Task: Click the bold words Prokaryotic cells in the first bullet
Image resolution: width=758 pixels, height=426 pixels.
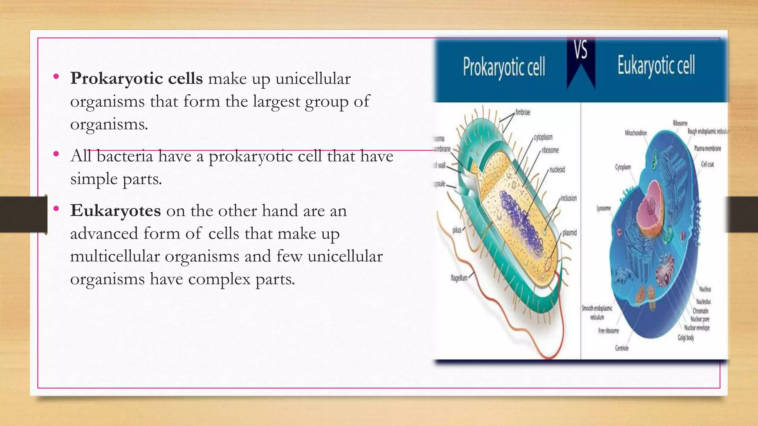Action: click(136, 79)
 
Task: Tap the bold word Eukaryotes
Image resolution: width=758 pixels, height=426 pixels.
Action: click(115, 211)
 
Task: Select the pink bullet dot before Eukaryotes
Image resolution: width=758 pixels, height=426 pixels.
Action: click(56, 209)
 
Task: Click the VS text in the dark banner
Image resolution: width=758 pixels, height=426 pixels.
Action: click(581, 50)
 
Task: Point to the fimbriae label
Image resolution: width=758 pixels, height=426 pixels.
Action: click(523, 112)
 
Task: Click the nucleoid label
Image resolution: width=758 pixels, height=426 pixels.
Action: click(557, 170)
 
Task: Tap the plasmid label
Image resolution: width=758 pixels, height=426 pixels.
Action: click(570, 233)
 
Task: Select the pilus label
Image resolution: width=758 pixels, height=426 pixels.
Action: click(457, 230)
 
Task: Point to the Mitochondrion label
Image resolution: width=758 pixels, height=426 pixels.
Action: click(636, 133)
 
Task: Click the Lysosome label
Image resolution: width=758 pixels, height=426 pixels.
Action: click(603, 209)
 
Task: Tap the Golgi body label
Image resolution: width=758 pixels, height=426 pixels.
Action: click(685, 338)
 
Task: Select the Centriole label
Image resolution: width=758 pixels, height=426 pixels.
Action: click(622, 348)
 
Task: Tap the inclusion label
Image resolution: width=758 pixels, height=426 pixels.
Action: click(568, 199)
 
